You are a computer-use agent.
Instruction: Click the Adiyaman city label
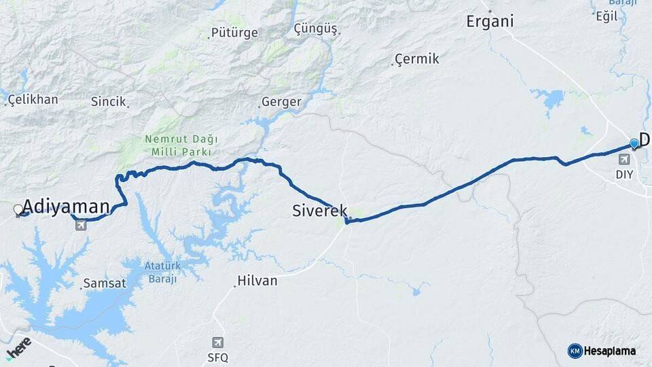click(x=66, y=207)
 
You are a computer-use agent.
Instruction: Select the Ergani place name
click(x=490, y=21)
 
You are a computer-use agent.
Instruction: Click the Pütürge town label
click(x=235, y=33)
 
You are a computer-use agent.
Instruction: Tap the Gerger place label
click(x=282, y=102)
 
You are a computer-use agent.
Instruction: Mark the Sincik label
click(x=109, y=101)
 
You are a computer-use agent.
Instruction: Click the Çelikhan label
click(x=33, y=99)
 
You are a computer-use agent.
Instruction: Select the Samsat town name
click(x=104, y=283)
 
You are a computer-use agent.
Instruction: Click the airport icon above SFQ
click(x=217, y=343)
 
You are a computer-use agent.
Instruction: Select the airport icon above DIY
click(x=624, y=159)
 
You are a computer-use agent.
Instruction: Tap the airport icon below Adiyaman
click(x=81, y=225)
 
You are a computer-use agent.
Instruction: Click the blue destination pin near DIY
click(x=634, y=143)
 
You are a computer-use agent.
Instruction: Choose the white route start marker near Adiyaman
click(x=18, y=210)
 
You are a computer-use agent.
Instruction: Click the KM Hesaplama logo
click(x=602, y=351)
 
